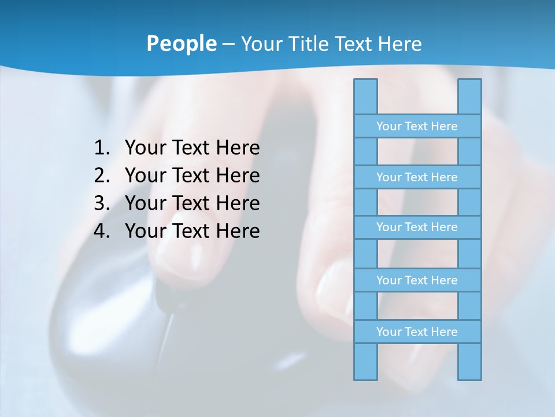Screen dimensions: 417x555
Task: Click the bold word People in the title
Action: point(181,44)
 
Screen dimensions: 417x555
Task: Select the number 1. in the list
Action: point(102,148)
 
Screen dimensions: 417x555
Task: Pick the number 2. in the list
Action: point(102,175)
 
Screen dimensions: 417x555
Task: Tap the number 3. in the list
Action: point(102,203)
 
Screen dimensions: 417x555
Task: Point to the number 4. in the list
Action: point(102,231)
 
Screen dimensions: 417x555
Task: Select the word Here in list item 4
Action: point(238,231)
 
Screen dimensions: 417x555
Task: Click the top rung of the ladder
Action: point(417,126)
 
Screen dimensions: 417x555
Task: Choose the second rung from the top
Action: point(417,177)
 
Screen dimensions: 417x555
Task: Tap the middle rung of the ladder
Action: point(417,227)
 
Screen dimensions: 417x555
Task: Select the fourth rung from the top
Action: point(417,280)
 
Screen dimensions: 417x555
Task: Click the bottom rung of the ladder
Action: point(417,332)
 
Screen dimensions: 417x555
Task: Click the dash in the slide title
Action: point(228,44)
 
